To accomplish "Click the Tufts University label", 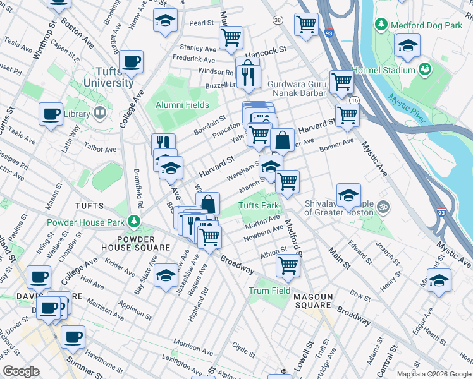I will click(x=110, y=78).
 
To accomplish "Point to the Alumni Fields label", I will click(x=183, y=105).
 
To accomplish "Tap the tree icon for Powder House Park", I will click(x=133, y=221).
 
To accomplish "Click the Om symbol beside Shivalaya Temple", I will click(x=382, y=206).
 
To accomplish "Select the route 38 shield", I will click(x=278, y=21).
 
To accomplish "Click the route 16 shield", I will click(x=353, y=100).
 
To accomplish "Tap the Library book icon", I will click(x=99, y=114).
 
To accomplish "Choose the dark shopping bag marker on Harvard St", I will click(x=283, y=140).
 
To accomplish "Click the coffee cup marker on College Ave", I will click(x=131, y=62).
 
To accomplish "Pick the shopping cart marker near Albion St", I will click(x=288, y=265).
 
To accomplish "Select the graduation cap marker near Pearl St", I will click(x=165, y=21).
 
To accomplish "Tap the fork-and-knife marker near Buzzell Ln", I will click(x=249, y=76).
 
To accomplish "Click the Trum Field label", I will click(x=269, y=291).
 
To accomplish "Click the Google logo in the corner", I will click(x=21, y=371).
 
